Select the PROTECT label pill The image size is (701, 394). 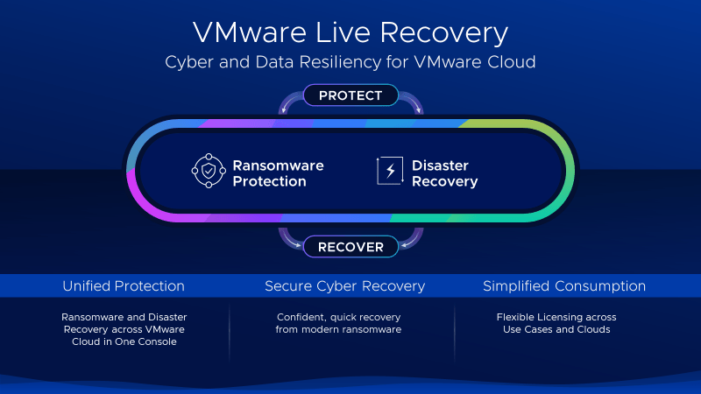(x=350, y=95)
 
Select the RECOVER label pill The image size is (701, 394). (x=350, y=247)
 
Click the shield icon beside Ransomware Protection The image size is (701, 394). (x=209, y=172)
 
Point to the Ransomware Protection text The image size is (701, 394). (x=278, y=173)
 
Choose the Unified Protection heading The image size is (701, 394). (x=124, y=286)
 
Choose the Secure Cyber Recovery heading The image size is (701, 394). (x=344, y=286)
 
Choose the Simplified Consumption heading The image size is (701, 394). (x=564, y=286)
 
